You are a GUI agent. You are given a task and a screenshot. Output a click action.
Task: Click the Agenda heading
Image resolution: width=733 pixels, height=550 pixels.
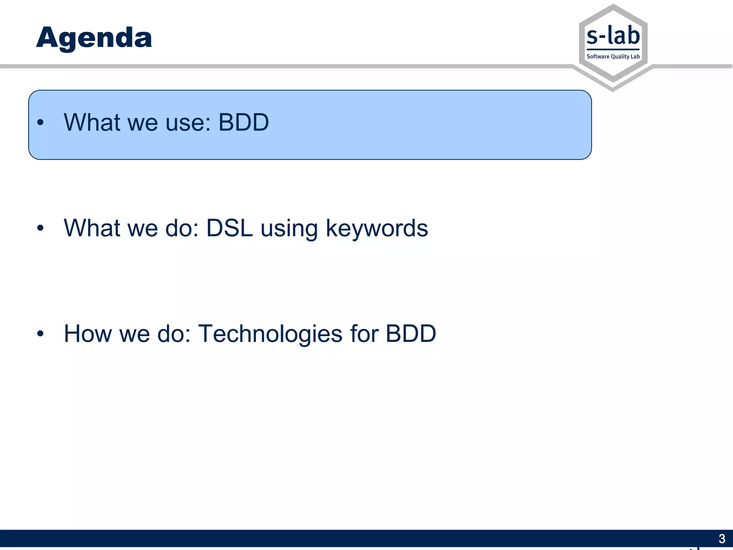(x=94, y=38)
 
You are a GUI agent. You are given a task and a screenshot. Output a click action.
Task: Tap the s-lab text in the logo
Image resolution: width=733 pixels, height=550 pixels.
(x=613, y=36)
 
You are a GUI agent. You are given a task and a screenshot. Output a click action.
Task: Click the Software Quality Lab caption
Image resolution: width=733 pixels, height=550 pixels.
(x=613, y=57)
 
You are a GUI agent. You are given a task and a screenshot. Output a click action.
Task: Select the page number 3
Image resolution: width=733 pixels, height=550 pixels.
(x=722, y=539)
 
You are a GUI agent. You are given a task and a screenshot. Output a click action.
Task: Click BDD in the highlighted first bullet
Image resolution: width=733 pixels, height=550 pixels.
(x=243, y=122)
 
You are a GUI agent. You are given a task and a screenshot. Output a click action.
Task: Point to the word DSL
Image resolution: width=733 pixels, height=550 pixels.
(x=229, y=228)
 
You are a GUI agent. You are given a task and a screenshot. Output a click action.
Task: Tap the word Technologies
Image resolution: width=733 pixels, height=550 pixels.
(x=270, y=334)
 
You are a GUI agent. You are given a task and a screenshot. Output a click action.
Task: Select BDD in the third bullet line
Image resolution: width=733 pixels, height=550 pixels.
(x=411, y=334)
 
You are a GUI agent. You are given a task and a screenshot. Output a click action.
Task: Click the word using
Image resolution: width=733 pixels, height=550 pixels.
(x=289, y=228)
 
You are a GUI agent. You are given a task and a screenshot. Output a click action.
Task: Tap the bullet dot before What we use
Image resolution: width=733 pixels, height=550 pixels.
(x=40, y=122)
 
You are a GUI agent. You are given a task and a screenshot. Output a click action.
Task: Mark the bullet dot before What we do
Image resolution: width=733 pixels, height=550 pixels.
(x=40, y=228)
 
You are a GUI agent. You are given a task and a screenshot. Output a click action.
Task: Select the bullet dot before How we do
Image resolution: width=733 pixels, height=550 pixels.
(x=40, y=334)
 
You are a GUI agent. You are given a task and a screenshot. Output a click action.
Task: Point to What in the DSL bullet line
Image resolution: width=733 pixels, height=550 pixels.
(x=92, y=228)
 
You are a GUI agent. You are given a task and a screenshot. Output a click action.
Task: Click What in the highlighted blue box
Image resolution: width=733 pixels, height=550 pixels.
(x=92, y=122)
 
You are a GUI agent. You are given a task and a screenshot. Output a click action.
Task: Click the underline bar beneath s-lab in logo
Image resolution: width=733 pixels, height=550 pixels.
(x=613, y=49)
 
